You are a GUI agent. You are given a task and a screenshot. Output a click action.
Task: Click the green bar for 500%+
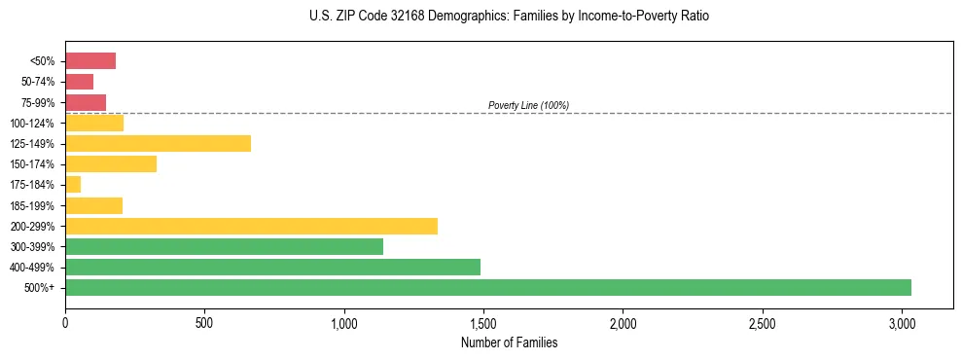point(487,287)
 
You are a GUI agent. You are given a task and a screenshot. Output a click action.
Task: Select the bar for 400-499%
point(272,267)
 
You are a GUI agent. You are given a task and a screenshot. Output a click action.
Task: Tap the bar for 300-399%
point(224,246)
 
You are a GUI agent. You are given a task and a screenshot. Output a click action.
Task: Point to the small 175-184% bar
point(73,185)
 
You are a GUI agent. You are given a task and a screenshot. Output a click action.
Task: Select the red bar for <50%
point(90,60)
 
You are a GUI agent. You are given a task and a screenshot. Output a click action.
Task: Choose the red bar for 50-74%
point(79,82)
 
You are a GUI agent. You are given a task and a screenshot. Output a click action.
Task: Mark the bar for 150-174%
point(111,163)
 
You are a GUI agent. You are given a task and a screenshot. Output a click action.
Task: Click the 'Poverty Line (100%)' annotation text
point(528,105)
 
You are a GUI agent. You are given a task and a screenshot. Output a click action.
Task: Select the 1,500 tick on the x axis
point(483,322)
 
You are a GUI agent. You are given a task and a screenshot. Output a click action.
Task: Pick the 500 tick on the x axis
point(204,322)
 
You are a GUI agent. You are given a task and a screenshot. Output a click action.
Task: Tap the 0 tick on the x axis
point(65,322)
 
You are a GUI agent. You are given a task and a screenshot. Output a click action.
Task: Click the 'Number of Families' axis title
point(509,342)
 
